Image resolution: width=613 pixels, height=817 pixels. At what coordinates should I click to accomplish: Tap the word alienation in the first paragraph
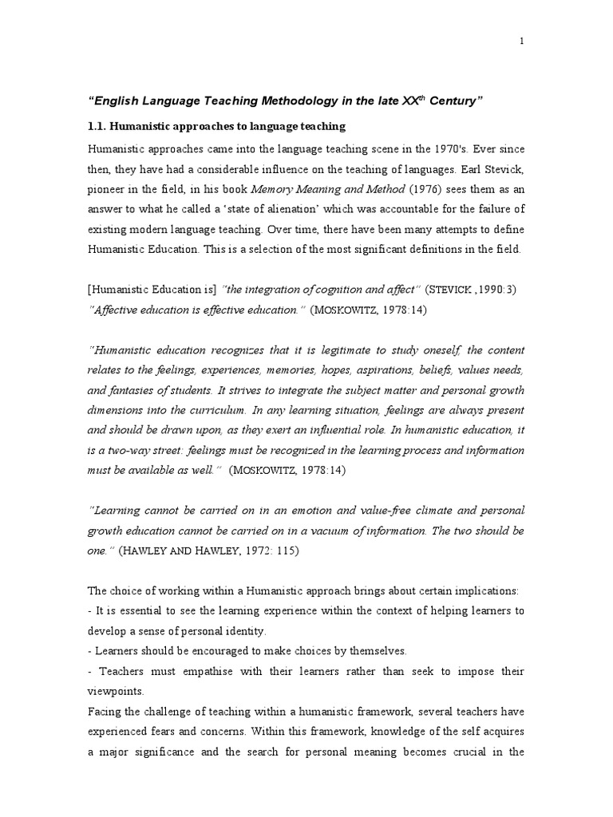pyautogui.click(x=301, y=210)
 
